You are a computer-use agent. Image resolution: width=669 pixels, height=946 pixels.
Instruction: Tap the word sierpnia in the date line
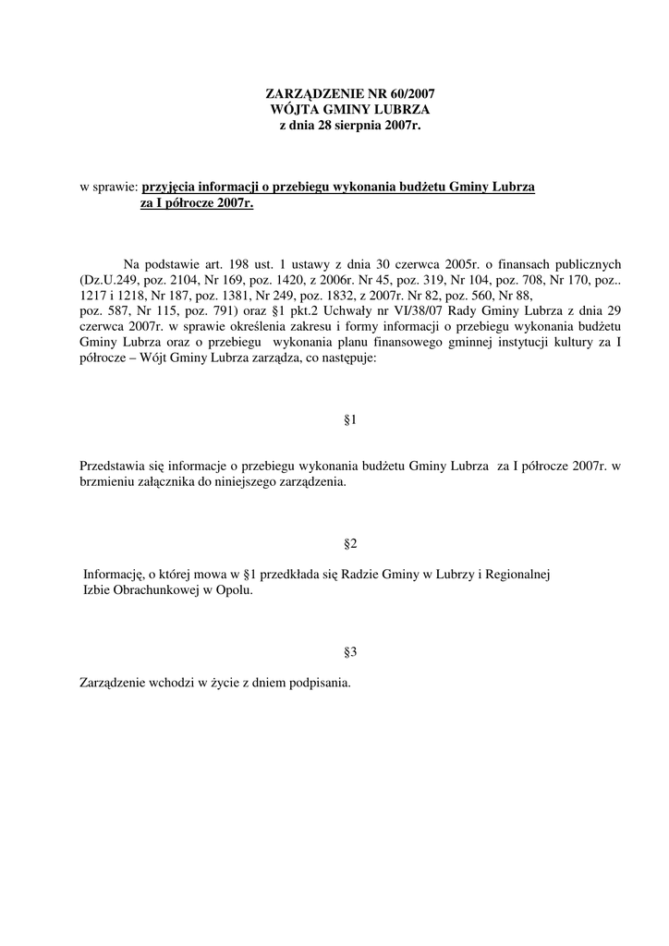click(355, 124)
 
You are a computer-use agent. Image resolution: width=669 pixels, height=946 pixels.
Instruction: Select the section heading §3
click(350, 651)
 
